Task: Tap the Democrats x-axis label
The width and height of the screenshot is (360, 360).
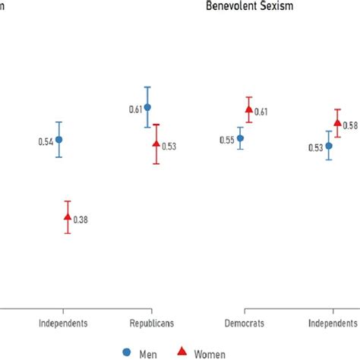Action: [x=244, y=323]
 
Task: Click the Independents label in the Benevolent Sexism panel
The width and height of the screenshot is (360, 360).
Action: [x=335, y=323]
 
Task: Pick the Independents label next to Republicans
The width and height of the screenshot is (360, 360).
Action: [x=63, y=323]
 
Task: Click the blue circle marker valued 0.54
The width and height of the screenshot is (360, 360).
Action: [x=58, y=140]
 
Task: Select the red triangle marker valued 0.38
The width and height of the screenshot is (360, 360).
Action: [x=68, y=217]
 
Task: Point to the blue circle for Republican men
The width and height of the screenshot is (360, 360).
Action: [x=147, y=107]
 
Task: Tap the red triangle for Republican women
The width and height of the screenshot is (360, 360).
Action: [x=156, y=144]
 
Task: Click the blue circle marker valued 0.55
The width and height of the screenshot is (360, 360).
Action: [x=240, y=138]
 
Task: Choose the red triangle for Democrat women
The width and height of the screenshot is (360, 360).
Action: [x=248, y=110]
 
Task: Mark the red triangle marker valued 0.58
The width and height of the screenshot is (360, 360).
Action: [x=337, y=123]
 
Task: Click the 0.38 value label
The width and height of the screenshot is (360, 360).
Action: [x=81, y=220]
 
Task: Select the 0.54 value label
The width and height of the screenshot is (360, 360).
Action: [x=45, y=141]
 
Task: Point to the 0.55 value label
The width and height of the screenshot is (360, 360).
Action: [x=226, y=141]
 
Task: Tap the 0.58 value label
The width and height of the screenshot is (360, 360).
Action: [x=350, y=125]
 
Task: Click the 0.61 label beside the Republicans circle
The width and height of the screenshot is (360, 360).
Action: [x=134, y=110]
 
